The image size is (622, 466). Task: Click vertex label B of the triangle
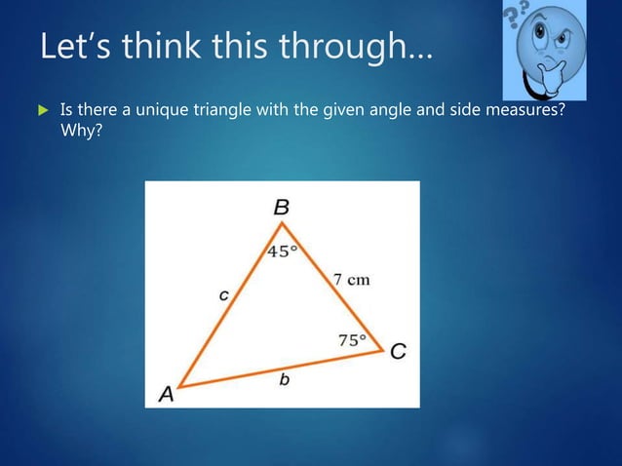(x=282, y=207)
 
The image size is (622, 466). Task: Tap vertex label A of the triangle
(x=167, y=394)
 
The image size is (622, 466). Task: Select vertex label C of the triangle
(x=398, y=352)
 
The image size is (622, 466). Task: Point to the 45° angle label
(x=283, y=251)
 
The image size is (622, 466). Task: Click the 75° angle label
(x=352, y=340)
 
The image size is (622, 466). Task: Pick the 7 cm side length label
(x=352, y=280)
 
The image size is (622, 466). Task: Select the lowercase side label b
(x=284, y=381)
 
